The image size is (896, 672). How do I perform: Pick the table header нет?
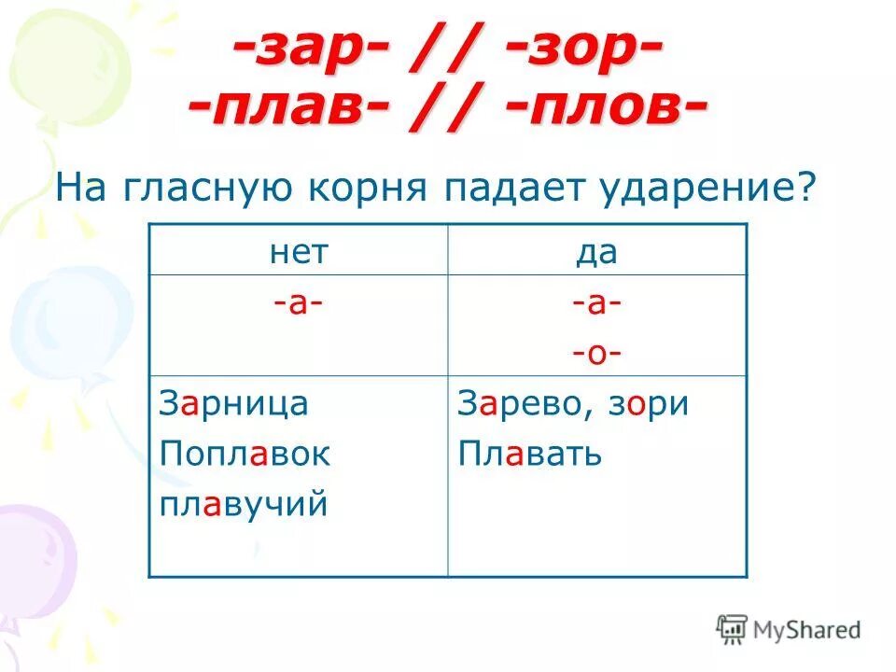[299, 251]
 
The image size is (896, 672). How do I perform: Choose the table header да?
[597, 251]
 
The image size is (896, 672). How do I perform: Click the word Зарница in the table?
[234, 404]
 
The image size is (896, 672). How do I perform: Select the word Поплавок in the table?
[245, 455]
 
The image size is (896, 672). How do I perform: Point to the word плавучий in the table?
[244, 505]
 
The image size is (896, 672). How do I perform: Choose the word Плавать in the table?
[529, 455]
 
